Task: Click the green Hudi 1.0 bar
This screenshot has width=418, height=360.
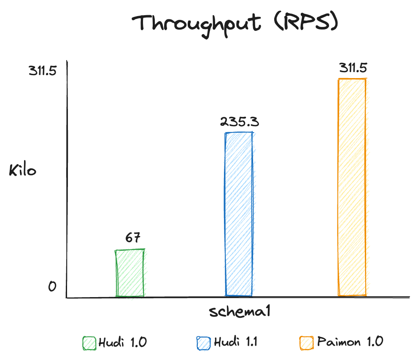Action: (x=130, y=273)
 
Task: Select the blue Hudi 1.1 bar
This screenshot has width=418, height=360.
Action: (x=239, y=214)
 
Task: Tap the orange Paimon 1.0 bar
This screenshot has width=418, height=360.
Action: (x=352, y=187)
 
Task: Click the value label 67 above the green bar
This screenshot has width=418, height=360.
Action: (x=133, y=238)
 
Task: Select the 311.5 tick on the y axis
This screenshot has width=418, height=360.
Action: (x=43, y=71)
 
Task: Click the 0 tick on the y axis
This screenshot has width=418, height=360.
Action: (x=52, y=287)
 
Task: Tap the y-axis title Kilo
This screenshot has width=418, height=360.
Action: (x=23, y=171)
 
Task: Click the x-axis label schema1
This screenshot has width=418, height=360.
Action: (x=239, y=312)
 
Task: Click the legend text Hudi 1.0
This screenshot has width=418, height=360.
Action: (x=122, y=342)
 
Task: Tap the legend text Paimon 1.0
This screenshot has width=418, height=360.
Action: (x=350, y=342)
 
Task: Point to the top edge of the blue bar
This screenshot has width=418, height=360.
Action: (x=239, y=133)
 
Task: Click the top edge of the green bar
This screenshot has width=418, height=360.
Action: (x=130, y=250)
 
